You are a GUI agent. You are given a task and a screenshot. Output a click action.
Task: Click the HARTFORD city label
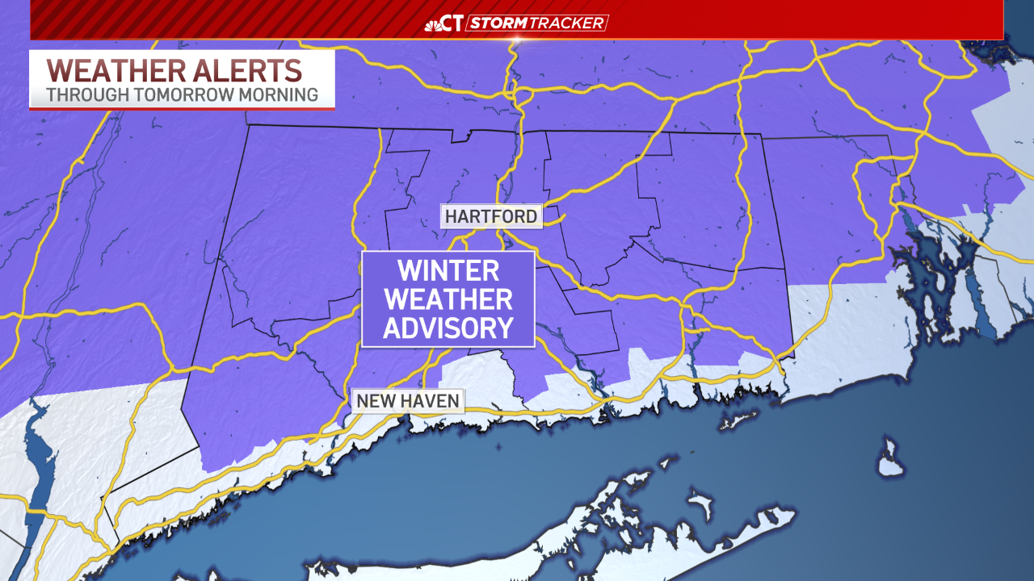click(x=490, y=216)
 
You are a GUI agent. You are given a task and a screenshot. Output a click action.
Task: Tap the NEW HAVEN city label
click(x=408, y=400)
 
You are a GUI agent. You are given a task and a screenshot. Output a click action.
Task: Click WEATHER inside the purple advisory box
click(x=448, y=299)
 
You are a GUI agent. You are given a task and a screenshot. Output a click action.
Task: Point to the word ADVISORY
click(x=448, y=328)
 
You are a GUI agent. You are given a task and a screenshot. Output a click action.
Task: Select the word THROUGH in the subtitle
click(x=83, y=94)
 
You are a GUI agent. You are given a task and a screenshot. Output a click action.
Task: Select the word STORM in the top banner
click(x=498, y=23)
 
